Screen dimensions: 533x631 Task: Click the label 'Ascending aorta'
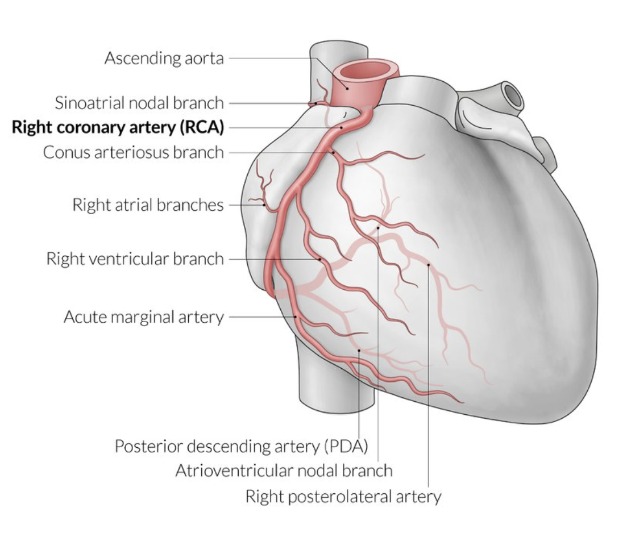point(164,58)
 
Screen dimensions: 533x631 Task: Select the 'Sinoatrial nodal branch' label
point(139,103)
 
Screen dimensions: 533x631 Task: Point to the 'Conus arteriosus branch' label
point(134,152)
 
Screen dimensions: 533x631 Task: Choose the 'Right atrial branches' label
point(148,205)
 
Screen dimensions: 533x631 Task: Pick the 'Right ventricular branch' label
point(135,259)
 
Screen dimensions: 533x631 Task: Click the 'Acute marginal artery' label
point(143,317)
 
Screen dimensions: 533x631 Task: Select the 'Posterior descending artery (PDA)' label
point(241,446)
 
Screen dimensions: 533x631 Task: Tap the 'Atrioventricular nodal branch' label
point(284,470)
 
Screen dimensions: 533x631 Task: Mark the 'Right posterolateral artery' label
point(343,496)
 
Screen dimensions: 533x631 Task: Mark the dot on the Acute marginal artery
point(296,317)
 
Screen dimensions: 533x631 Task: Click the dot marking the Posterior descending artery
point(359,351)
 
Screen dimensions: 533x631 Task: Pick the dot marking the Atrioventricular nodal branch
point(378,228)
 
